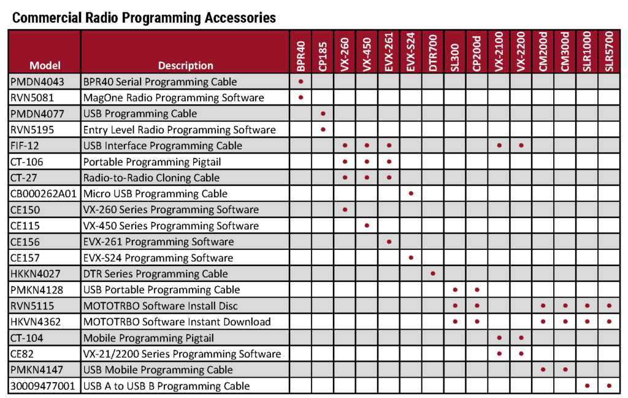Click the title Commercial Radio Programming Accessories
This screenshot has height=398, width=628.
click(144, 18)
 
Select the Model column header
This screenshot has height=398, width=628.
click(45, 65)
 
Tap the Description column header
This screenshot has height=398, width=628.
click(185, 65)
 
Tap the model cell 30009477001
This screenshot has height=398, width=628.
click(44, 386)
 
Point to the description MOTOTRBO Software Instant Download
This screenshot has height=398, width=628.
click(177, 322)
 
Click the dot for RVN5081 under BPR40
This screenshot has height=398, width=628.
click(301, 98)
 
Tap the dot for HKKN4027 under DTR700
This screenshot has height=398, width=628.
click(433, 274)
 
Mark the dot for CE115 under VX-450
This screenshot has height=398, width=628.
click(367, 225)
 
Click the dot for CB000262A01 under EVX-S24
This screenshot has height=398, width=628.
click(411, 193)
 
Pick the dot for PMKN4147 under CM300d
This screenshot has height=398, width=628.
click(565, 370)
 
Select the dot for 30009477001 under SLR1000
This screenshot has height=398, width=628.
click(587, 386)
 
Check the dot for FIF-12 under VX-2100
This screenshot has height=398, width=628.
click(499, 146)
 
